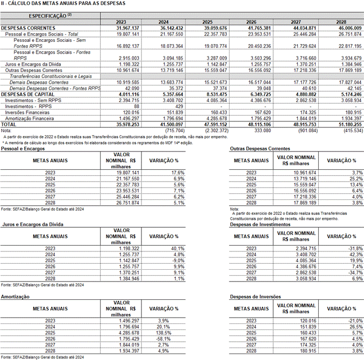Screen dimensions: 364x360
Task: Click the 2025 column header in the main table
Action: [x=208, y=22]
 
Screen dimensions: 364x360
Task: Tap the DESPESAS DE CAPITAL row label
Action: [x=27, y=95]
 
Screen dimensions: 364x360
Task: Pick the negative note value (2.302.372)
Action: [x=216, y=131]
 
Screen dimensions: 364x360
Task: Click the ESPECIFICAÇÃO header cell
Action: [x=50, y=16]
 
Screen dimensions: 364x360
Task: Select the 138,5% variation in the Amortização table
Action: [x=163, y=333]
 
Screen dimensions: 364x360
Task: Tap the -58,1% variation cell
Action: [x=163, y=339]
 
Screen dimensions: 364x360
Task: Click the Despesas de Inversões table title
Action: [x=255, y=297]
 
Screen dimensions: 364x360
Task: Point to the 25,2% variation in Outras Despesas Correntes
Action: [x=356, y=179]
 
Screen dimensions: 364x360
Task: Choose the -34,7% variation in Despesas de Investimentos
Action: [x=355, y=273]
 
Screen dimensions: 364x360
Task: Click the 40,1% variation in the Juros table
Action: [x=178, y=249]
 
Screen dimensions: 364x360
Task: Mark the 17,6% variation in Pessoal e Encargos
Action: [x=178, y=173]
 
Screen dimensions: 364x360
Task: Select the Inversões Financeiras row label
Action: [x=27, y=112]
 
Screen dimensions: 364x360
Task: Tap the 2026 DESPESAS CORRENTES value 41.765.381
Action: [x=259, y=28]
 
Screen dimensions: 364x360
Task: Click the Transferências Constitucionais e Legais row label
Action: [x=51, y=76]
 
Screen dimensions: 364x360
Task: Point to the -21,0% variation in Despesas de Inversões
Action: [x=355, y=321]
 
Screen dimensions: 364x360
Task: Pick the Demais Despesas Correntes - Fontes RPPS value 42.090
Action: [x=132, y=88]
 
